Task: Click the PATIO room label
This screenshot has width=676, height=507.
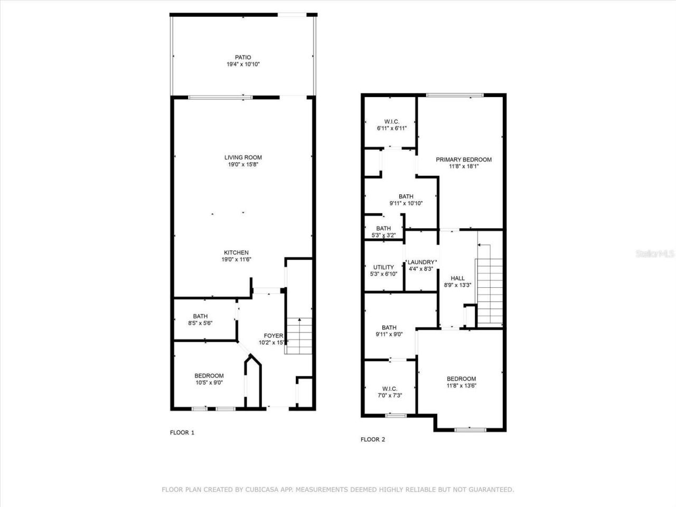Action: [x=243, y=57]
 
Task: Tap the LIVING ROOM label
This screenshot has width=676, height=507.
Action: [x=243, y=157]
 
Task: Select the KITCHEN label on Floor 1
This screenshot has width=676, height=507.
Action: [x=236, y=252]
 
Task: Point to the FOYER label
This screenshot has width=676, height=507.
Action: [x=273, y=336]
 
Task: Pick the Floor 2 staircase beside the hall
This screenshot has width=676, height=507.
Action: [x=490, y=285]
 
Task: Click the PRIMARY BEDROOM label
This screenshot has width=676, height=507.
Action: [x=463, y=159]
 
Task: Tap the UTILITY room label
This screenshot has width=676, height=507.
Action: [x=383, y=267]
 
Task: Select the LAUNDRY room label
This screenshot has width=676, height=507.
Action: [x=421, y=262]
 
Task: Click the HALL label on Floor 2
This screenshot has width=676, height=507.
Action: [x=457, y=278]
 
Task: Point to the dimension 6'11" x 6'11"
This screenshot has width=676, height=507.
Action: [x=391, y=128]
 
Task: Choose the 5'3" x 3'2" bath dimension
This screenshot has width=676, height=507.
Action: [x=383, y=236]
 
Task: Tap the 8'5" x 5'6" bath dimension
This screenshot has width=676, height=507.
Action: [x=200, y=323]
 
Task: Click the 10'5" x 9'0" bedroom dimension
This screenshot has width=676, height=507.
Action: [x=209, y=383]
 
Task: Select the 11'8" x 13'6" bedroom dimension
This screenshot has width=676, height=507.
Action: [x=461, y=386]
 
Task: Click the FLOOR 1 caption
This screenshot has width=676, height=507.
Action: [x=182, y=433]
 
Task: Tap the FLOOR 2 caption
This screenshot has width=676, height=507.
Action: [x=373, y=439]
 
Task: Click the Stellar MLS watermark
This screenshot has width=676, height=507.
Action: [x=655, y=254]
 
